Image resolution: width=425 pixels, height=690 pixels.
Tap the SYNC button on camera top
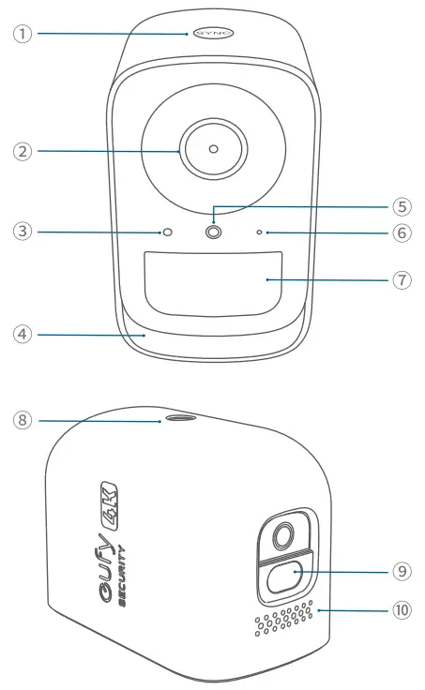click(x=213, y=34)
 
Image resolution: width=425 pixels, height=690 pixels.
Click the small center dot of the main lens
click(x=213, y=149)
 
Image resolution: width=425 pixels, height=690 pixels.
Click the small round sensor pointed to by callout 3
click(x=169, y=232)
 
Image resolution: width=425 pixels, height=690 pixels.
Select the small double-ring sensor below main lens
click(x=213, y=232)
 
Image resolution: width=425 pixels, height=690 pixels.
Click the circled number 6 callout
click(x=401, y=232)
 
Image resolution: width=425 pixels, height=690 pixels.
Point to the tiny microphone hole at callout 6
click(x=258, y=232)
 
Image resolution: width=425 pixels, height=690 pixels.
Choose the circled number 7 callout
click(x=401, y=279)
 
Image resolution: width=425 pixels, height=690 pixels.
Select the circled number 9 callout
click(x=401, y=569)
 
